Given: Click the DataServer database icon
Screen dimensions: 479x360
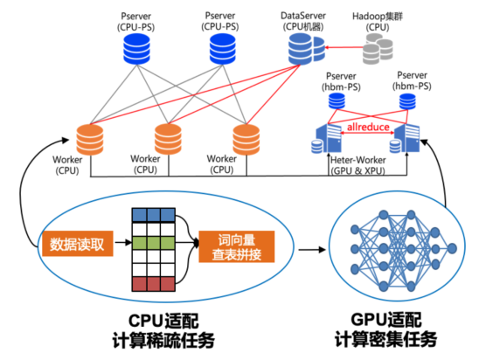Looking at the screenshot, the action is (307, 49).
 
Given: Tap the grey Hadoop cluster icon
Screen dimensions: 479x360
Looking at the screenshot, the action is (378, 49).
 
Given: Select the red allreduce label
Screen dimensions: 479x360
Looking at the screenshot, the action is (368, 127).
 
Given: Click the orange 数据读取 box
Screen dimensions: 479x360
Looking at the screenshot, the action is (78, 244).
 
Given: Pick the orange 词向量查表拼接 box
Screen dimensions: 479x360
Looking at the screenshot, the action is (237, 246).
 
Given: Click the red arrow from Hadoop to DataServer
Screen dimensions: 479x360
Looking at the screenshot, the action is (344, 47).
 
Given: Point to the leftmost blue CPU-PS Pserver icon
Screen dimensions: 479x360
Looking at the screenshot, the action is (136, 49).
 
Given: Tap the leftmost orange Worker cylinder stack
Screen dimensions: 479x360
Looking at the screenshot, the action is (90, 140).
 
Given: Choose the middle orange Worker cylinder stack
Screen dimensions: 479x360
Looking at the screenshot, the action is (168, 139).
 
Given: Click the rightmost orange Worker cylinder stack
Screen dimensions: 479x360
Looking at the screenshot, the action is (246, 140).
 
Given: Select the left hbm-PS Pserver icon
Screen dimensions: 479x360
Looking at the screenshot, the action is (337, 101).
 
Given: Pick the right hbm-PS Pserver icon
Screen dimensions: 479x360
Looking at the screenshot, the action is (407, 101).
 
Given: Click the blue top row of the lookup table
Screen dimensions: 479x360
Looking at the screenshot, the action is (153, 215).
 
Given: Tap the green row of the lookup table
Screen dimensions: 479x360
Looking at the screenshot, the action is (153, 242).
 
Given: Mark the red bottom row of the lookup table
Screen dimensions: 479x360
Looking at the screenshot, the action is (153, 284).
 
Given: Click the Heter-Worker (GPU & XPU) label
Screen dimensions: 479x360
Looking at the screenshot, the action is (358, 165).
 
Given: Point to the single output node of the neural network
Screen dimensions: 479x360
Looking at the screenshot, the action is (452, 248).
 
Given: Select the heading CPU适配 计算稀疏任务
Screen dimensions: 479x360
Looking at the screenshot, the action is (163, 331).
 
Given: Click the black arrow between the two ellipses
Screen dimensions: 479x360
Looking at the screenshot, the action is (312, 249).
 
